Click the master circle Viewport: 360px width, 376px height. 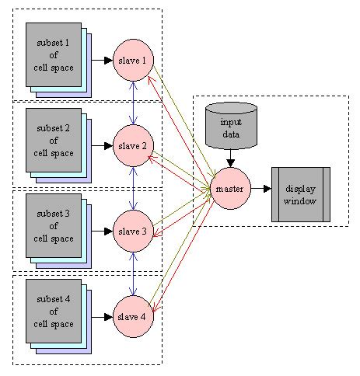[231, 189]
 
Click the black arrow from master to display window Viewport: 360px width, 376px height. [260, 189]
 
